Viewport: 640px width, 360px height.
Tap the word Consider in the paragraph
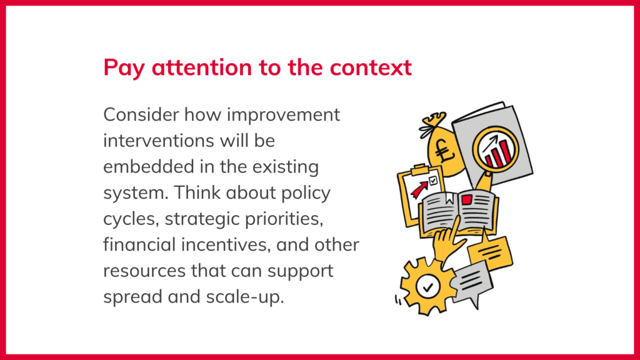point(141,115)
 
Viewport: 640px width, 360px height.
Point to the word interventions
point(159,141)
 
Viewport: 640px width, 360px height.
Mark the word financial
point(139,245)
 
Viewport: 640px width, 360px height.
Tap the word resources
point(144,271)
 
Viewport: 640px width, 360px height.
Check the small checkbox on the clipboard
point(433,181)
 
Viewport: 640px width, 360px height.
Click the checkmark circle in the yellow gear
point(427,287)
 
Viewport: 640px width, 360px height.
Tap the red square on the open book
point(466,199)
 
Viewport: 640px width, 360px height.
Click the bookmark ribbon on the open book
point(449,198)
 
